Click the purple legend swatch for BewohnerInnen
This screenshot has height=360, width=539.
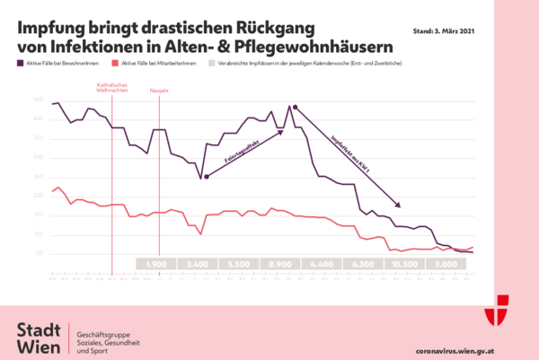tap(21, 65)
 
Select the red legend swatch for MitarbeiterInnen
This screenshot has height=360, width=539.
tap(112, 65)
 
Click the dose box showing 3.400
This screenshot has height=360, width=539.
tap(198, 264)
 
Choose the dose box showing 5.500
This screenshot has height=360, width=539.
tap(239, 264)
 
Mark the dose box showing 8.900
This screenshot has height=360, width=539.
tap(280, 264)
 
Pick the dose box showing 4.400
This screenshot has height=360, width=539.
tap(322, 264)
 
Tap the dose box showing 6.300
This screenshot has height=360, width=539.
tap(363, 264)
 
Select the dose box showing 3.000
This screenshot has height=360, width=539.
tap(446, 264)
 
